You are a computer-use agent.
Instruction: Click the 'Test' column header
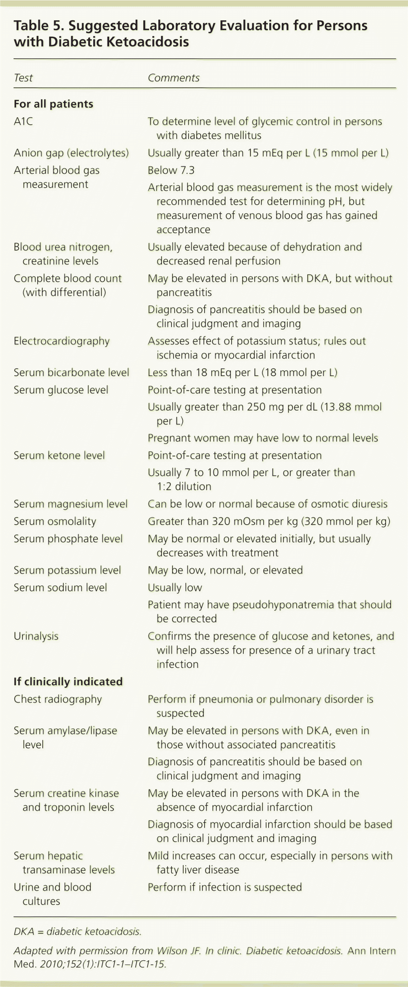[23, 78]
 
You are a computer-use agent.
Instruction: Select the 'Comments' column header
[173, 78]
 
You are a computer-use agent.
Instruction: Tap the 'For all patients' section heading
[53, 104]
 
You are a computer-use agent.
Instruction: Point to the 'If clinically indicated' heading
[68, 681]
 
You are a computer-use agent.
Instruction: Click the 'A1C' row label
[23, 122]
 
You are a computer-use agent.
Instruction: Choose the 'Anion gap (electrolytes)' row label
[71, 153]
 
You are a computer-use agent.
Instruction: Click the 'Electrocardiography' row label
[61, 341]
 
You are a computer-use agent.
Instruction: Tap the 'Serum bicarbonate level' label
[71, 372]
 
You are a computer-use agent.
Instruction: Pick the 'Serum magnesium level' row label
[70, 504]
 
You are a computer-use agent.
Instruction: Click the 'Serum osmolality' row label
[55, 521]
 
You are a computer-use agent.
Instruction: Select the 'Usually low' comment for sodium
[175, 588]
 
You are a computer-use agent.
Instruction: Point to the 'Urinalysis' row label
[36, 636]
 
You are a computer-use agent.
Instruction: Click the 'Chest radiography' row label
[58, 699]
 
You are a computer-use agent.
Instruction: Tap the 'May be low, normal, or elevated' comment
[225, 570]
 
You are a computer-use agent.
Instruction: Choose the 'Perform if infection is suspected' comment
[225, 887]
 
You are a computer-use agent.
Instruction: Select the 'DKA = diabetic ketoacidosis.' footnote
[78, 931]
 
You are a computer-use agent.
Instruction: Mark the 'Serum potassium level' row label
[67, 570]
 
